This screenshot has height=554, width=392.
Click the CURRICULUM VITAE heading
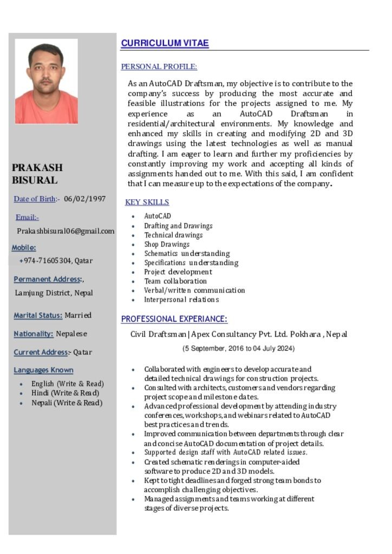(x=165, y=43)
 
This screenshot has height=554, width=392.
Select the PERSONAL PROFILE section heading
(x=159, y=67)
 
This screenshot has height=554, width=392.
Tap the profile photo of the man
(x=46, y=81)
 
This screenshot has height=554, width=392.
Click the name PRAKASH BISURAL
(x=37, y=174)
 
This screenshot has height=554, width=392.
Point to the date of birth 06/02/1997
(x=84, y=199)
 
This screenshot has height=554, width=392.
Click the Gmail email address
(x=66, y=231)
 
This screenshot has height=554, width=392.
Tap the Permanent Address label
(x=47, y=279)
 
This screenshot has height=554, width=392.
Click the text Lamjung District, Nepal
(x=54, y=293)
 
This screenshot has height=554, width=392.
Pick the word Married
(x=78, y=315)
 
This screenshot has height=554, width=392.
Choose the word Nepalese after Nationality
(x=71, y=334)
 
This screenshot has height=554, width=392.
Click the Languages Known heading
(x=43, y=370)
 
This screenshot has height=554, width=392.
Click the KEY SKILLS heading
(x=147, y=202)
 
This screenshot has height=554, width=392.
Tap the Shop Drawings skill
(x=167, y=244)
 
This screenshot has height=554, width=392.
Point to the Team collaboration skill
(x=175, y=281)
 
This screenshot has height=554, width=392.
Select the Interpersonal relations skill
(x=181, y=300)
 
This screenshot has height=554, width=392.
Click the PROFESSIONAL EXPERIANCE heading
(x=174, y=319)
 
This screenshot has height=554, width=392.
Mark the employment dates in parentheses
(x=239, y=348)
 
